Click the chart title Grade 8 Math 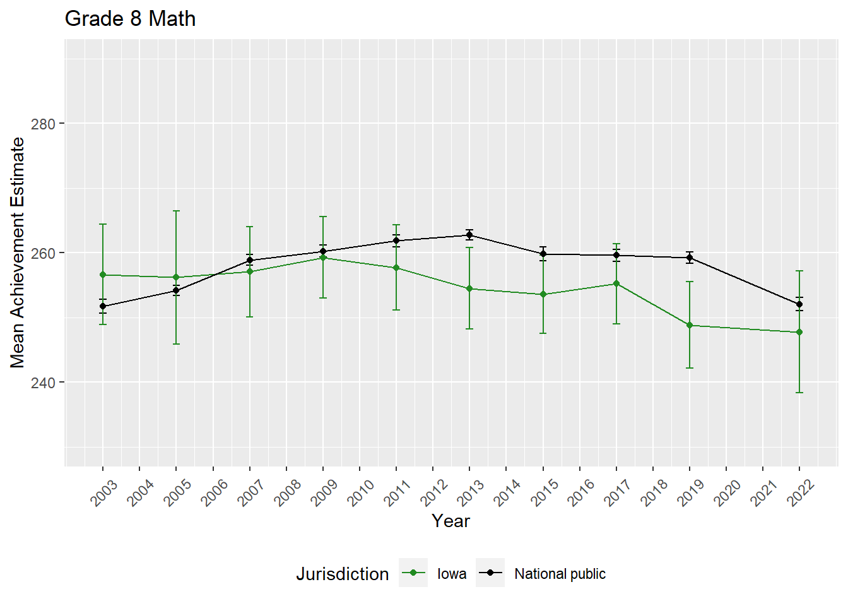point(130,19)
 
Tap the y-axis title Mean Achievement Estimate point(18,252)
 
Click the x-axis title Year point(450,521)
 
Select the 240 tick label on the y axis point(44,383)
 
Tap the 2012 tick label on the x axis point(435,492)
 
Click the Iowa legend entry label point(452,574)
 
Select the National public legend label point(560,574)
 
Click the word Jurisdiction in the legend point(343,574)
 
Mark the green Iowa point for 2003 point(103,275)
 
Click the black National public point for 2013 point(469,235)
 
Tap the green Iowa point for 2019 point(690,325)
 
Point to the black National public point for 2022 point(799,304)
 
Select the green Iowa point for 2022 point(799,332)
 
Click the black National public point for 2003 point(103,306)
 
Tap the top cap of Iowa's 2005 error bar point(176,211)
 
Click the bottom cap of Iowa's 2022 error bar point(799,393)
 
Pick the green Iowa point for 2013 point(469,288)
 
